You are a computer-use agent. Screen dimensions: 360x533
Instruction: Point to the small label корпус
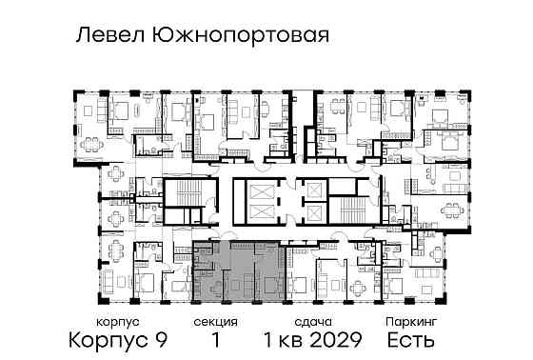click(x=110, y=322)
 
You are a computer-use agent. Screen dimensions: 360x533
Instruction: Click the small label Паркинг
click(x=409, y=322)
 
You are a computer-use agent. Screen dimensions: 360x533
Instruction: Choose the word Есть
click(x=411, y=339)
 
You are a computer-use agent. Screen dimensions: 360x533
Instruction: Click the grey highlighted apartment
click(x=238, y=272)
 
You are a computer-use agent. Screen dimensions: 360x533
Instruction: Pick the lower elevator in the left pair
click(x=259, y=214)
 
